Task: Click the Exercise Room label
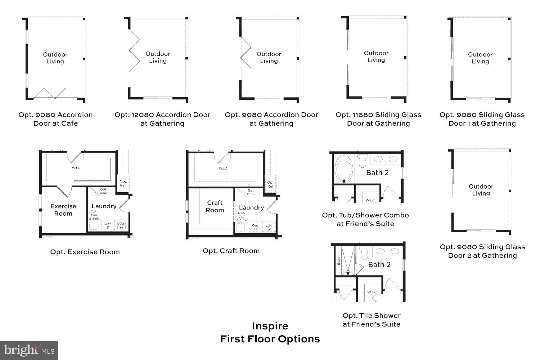click(x=63, y=210)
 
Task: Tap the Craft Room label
click(x=215, y=206)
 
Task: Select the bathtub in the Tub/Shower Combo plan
click(x=344, y=168)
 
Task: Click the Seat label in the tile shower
click(x=339, y=261)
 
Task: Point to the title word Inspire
click(x=270, y=326)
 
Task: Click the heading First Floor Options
click(x=270, y=339)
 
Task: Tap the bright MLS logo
click(x=29, y=350)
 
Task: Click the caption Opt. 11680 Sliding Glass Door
click(x=378, y=119)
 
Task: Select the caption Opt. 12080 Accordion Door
click(x=162, y=119)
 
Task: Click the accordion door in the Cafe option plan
click(x=49, y=93)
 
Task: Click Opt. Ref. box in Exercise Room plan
click(x=123, y=183)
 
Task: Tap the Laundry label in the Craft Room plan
click(x=251, y=207)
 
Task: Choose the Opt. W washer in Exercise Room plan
click(x=121, y=226)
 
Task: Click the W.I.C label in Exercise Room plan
click(x=76, y=168)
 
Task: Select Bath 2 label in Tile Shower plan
click(x=379, y=265)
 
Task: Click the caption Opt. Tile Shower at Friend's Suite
click(x=371, y=320)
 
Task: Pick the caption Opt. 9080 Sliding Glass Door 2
click(x=482, y=251)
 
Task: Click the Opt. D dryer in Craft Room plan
click(x=255, y=227)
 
